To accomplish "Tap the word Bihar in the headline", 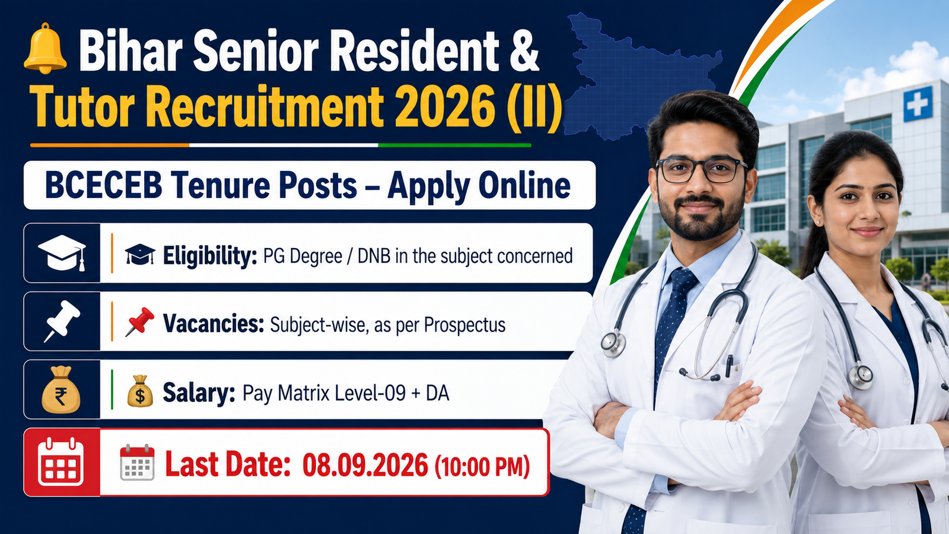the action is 131,50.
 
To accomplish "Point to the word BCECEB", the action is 104,186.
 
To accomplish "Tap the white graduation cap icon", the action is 62,253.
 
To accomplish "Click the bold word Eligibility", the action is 210,256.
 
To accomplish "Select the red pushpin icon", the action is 139,322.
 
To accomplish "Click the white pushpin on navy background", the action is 62,321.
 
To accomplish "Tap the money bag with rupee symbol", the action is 60,389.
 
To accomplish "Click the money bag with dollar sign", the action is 140,391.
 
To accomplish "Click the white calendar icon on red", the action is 60,462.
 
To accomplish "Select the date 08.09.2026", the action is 365,465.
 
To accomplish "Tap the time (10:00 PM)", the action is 482,466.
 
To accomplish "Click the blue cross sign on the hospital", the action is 918,104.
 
